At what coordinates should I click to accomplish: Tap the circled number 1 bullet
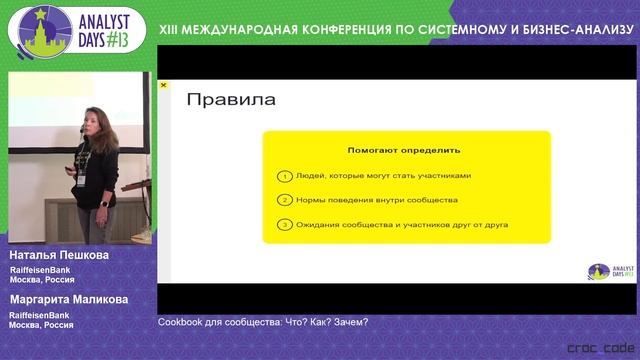(x=285, y=175)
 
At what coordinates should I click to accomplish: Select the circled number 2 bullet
(x=285, y=200)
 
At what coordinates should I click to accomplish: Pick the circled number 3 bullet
(x=285, y=225)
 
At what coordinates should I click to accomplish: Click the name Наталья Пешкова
(x=58, y=256)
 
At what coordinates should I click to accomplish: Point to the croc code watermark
(x=597, y=347)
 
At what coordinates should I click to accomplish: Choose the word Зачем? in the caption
(x=351, y=322)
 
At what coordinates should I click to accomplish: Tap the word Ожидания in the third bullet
(x=319, y=225)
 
